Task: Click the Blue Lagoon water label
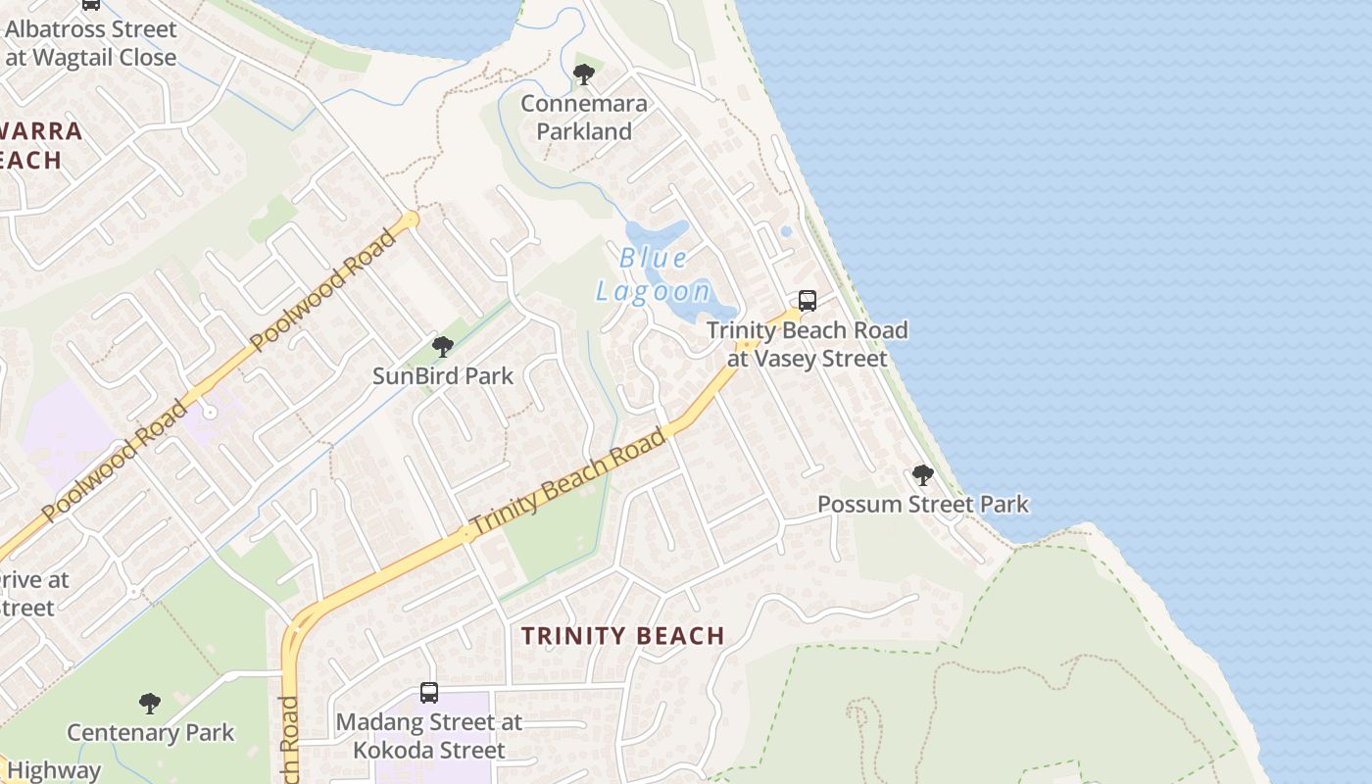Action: [x=654, y=274]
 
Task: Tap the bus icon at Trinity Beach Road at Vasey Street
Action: [x=808, y=301]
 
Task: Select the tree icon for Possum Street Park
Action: [x=922, y=475]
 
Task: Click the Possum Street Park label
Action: [x=922, y=505]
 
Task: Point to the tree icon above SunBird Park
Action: [x=443, y=346]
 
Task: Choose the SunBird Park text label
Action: [x=443, y=375]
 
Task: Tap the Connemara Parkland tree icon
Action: [x=584, y=73]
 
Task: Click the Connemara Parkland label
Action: [x=584, y=118]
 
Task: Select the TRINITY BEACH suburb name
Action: [x=623, y=635]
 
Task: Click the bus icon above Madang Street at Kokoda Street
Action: [x=429, y=693]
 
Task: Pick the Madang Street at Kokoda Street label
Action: [x=429, y=736]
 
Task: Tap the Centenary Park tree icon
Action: [x=150, y=703]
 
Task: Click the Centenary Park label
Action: [x=150, y=732]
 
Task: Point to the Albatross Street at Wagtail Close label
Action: [x=90, y=43]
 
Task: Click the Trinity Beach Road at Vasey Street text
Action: [x=808, y=344]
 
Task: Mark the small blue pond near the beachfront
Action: [x=786, y=232]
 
